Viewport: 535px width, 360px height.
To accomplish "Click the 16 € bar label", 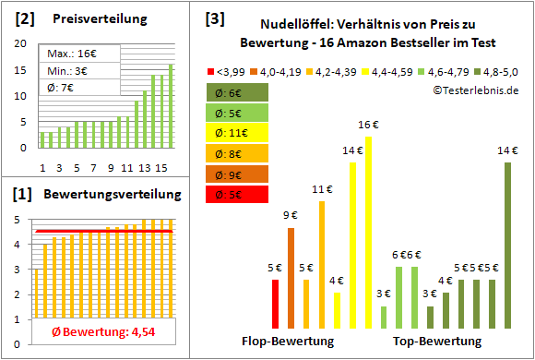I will [368, 126].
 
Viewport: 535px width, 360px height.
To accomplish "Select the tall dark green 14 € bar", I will [507, 245].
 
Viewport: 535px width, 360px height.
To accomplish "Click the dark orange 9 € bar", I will [291, 278].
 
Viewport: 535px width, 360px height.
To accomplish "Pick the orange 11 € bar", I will [322, 264].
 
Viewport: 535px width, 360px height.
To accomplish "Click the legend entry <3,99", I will [227, 70].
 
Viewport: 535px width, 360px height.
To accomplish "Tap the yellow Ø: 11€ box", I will [239, 133].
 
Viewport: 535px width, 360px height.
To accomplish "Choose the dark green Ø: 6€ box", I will [239, 92].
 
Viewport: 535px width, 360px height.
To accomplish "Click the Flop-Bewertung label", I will [288, 342].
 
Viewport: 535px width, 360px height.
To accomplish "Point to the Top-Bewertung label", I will [436, 342].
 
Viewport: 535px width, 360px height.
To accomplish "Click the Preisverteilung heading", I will [96, 19].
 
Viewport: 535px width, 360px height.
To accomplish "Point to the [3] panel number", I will [214, 18].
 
